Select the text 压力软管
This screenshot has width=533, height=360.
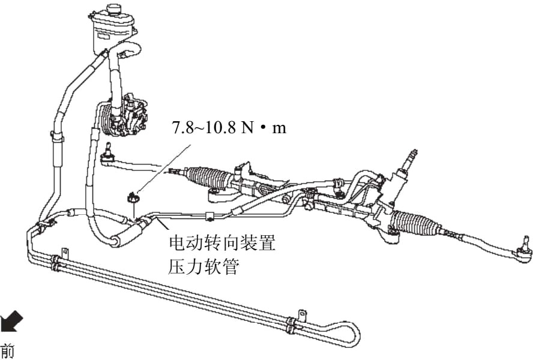coord(204,266)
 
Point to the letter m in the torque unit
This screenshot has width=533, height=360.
coord(279,128)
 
